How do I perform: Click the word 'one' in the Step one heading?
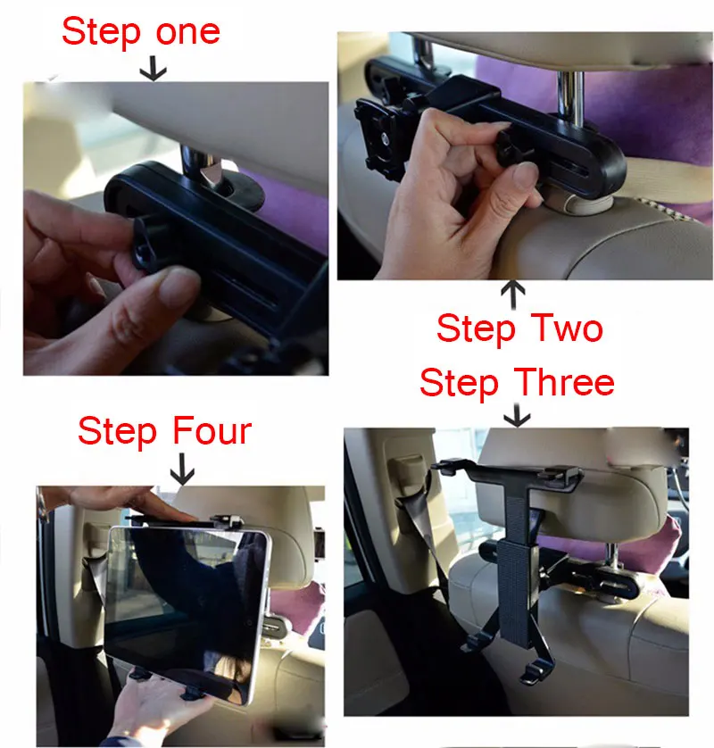pyautogui.click(x=188, y=32)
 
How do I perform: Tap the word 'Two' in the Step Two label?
pyautogui.click(x=567, y=328)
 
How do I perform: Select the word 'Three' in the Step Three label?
pyautogui.click(x=564, y=382)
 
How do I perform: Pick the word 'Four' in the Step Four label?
pyautogui.click(x=212, y=430)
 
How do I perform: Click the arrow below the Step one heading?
pyautogui.click(x=154, y=68)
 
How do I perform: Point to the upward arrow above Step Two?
pyautogui.click(x=513, y=295)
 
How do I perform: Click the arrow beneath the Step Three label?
pyautogui.click(x=517, y=415)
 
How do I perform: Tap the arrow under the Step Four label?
pyautogui.click(x=182, y=470)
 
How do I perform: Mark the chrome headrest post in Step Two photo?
pyautogui.click(x=570, y=95)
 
